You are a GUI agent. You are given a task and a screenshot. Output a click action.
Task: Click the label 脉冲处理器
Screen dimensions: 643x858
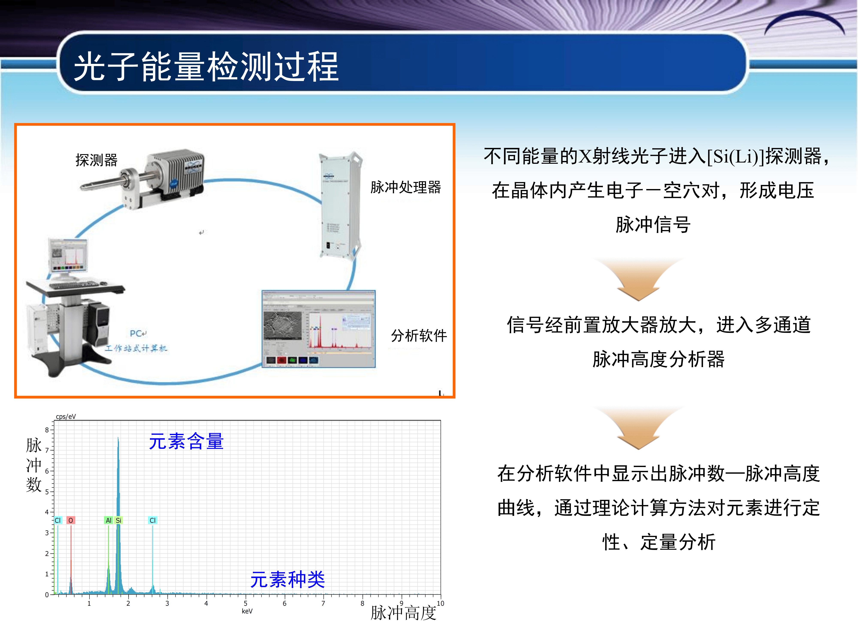[405, 187]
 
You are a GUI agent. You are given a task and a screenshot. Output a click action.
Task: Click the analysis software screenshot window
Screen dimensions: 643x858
[319, 329]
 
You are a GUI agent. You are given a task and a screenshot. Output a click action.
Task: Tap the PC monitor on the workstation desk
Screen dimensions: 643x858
[68, 256]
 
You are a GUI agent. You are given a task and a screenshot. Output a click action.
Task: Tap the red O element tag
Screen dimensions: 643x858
[71, 520]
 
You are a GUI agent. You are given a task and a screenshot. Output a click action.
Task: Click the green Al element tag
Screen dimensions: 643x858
[109, 520]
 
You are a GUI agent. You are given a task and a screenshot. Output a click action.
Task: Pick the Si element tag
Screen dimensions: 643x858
[119, 520]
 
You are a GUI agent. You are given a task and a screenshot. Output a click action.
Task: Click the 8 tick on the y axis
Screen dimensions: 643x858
[47, 430]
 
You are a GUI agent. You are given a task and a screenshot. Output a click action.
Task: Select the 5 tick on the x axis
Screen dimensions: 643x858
[245, 603]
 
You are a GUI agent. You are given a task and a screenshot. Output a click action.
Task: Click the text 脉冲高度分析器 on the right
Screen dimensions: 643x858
[658, 359]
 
